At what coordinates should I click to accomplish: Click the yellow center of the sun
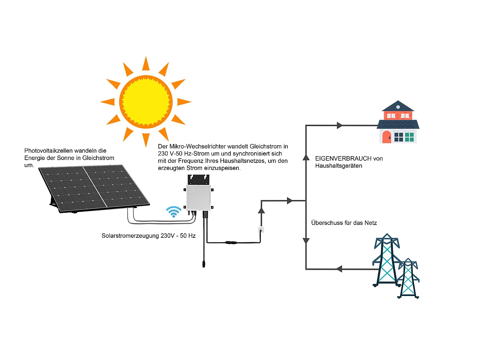pyautogui.click(x=146, y=102)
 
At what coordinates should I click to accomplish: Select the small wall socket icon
pyautogui.click(x=261, y=229)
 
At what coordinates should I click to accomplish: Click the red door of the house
pyautogui.click(x=387, y=137)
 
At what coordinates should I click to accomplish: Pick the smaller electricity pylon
pyautogui.click(x=408, y=278)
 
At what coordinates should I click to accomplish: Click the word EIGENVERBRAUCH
pyautogui.click(x=339, y=158)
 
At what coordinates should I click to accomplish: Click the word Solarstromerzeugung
pyautogui.click(x=130, y=236)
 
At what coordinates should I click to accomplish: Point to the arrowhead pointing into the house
pyautogui.click(x=340, y=125)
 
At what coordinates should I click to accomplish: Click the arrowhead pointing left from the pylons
pyautogui.click(x=339, y=269)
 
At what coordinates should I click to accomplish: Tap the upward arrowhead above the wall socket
pyautogui.click(x=261, y=210)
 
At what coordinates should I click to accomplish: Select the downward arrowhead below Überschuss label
pyautogui.click(x=306, y=241)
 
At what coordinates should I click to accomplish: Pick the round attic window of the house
pyautogui.click(x=398, y=107)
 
